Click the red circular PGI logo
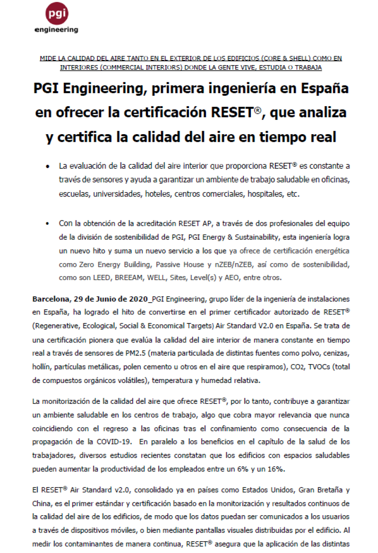pos(57,14)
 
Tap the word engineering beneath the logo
pos(57,30)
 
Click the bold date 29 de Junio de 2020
pos(110,299)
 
